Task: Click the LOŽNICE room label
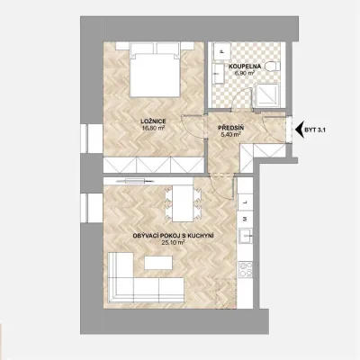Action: pos(153,121)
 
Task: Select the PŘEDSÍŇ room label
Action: pos(230,129)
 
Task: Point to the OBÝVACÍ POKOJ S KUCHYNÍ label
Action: pos(173,236)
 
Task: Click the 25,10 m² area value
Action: pos(173,242)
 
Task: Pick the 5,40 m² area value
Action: pos(230,135)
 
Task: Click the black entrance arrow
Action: pos(300,130)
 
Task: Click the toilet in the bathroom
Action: pos(273,66)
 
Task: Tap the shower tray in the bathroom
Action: pos(266,94)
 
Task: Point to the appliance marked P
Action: pos(222,51)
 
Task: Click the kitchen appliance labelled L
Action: pos(245,202)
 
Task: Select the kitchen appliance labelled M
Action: pos(245,219)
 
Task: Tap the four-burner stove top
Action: pos(246,269)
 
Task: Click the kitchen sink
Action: pos(246,236)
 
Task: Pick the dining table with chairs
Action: pos(183,203)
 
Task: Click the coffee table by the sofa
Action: pos(158,263)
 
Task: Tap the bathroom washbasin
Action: pos(219,74)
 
